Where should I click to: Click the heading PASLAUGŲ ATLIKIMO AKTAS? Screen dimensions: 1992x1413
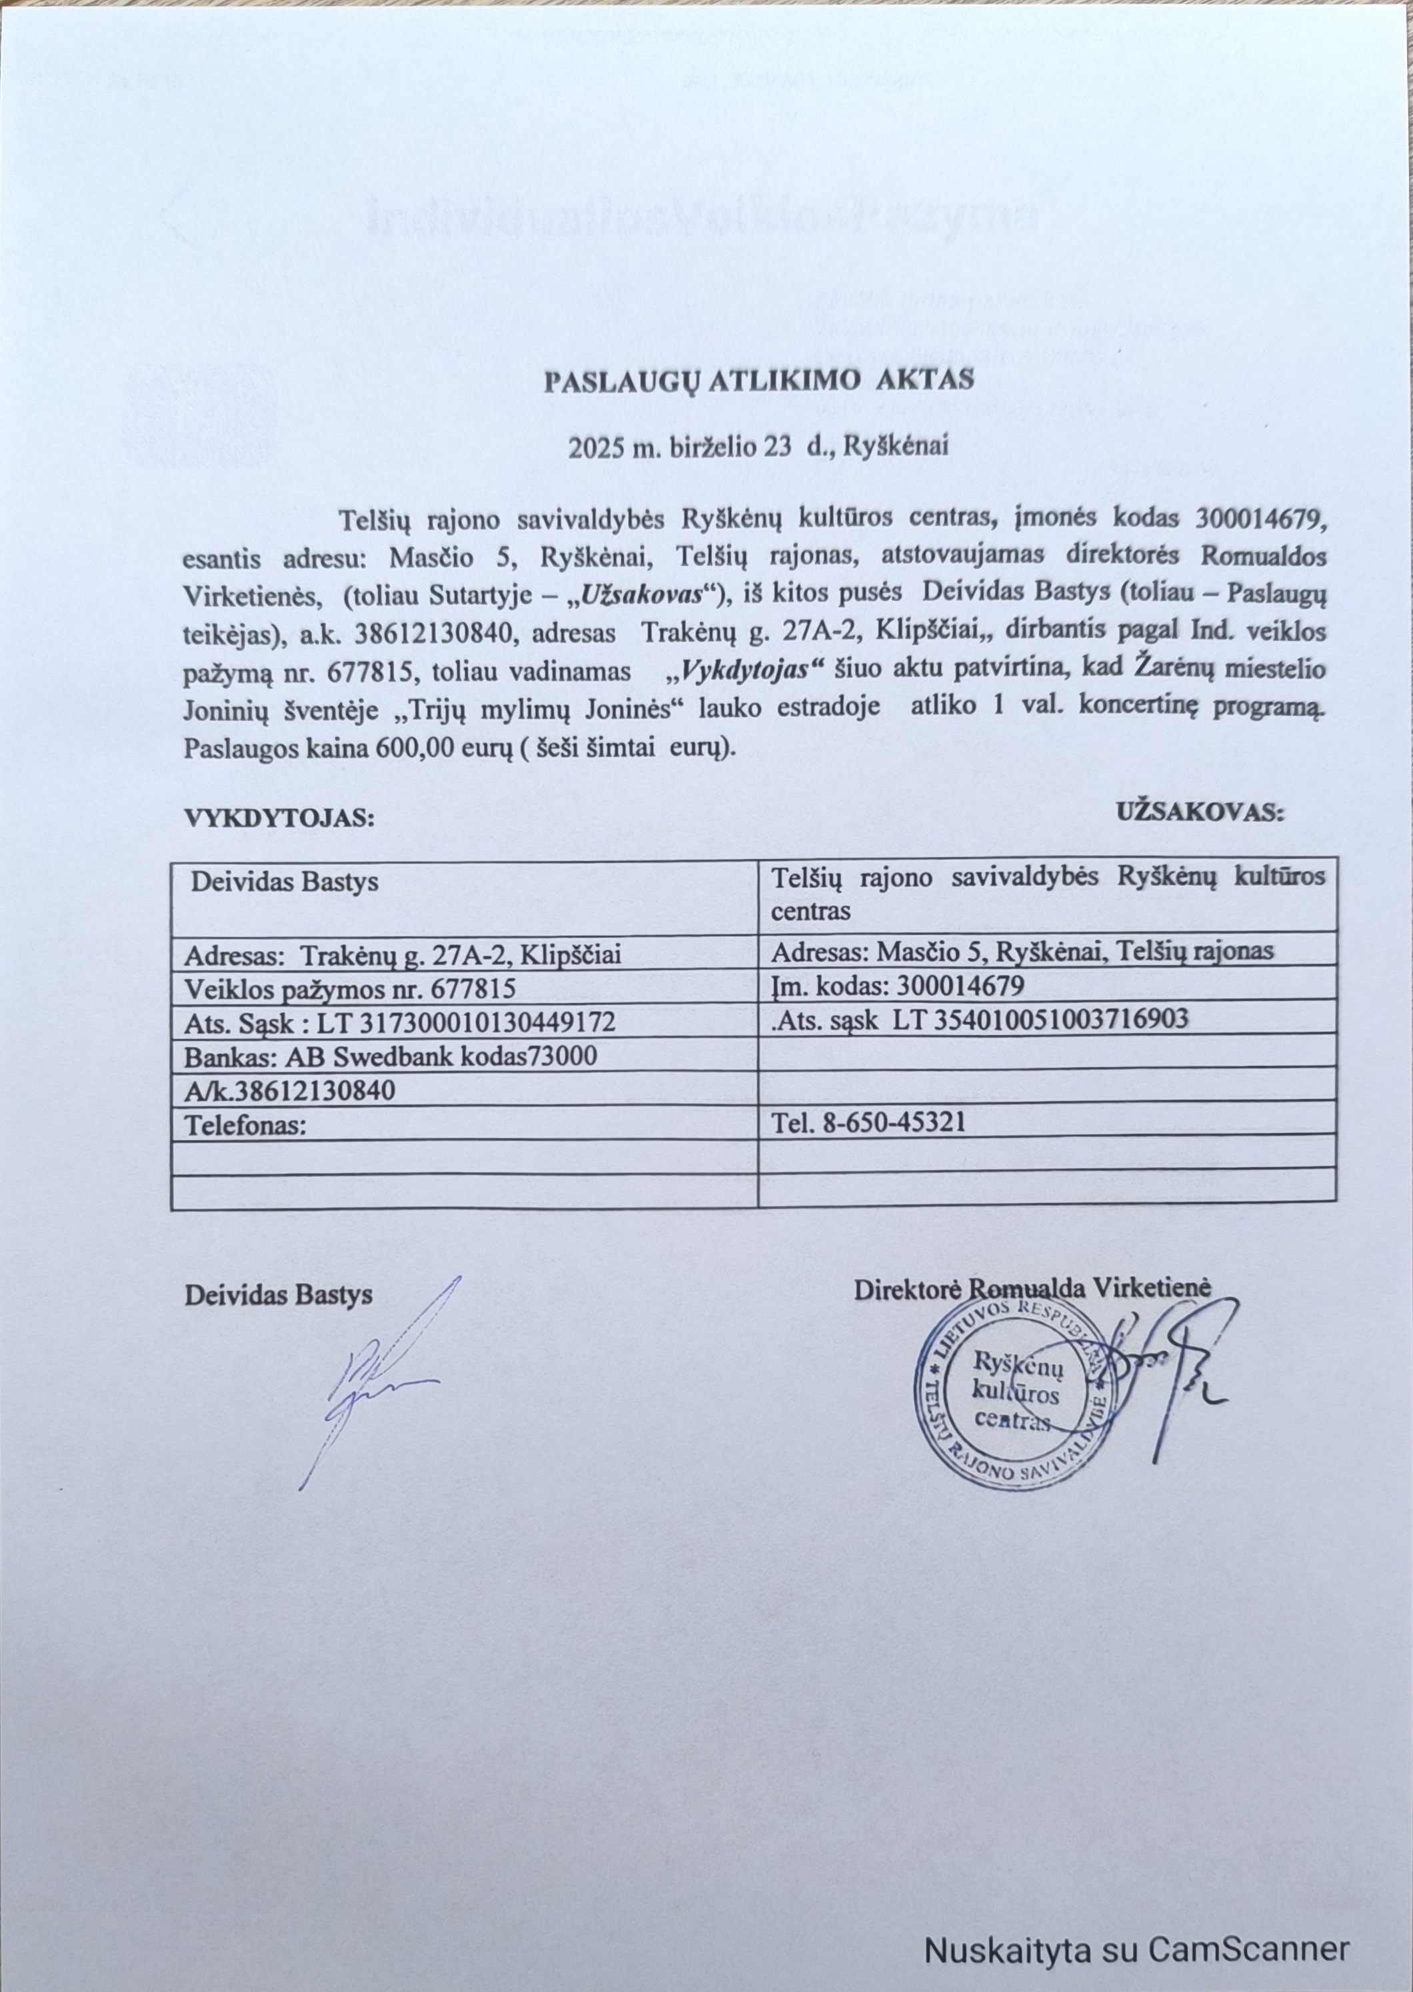(758, 382)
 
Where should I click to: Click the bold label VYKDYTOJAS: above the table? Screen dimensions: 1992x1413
(279, 818)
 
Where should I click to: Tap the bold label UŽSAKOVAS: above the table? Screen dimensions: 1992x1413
(1200, 812)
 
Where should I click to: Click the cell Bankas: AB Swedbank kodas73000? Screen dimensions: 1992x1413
(391, 1056)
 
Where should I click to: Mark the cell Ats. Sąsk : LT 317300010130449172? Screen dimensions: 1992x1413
(399, 1022)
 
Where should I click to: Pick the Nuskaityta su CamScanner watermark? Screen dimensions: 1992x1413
(1136, 1924)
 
